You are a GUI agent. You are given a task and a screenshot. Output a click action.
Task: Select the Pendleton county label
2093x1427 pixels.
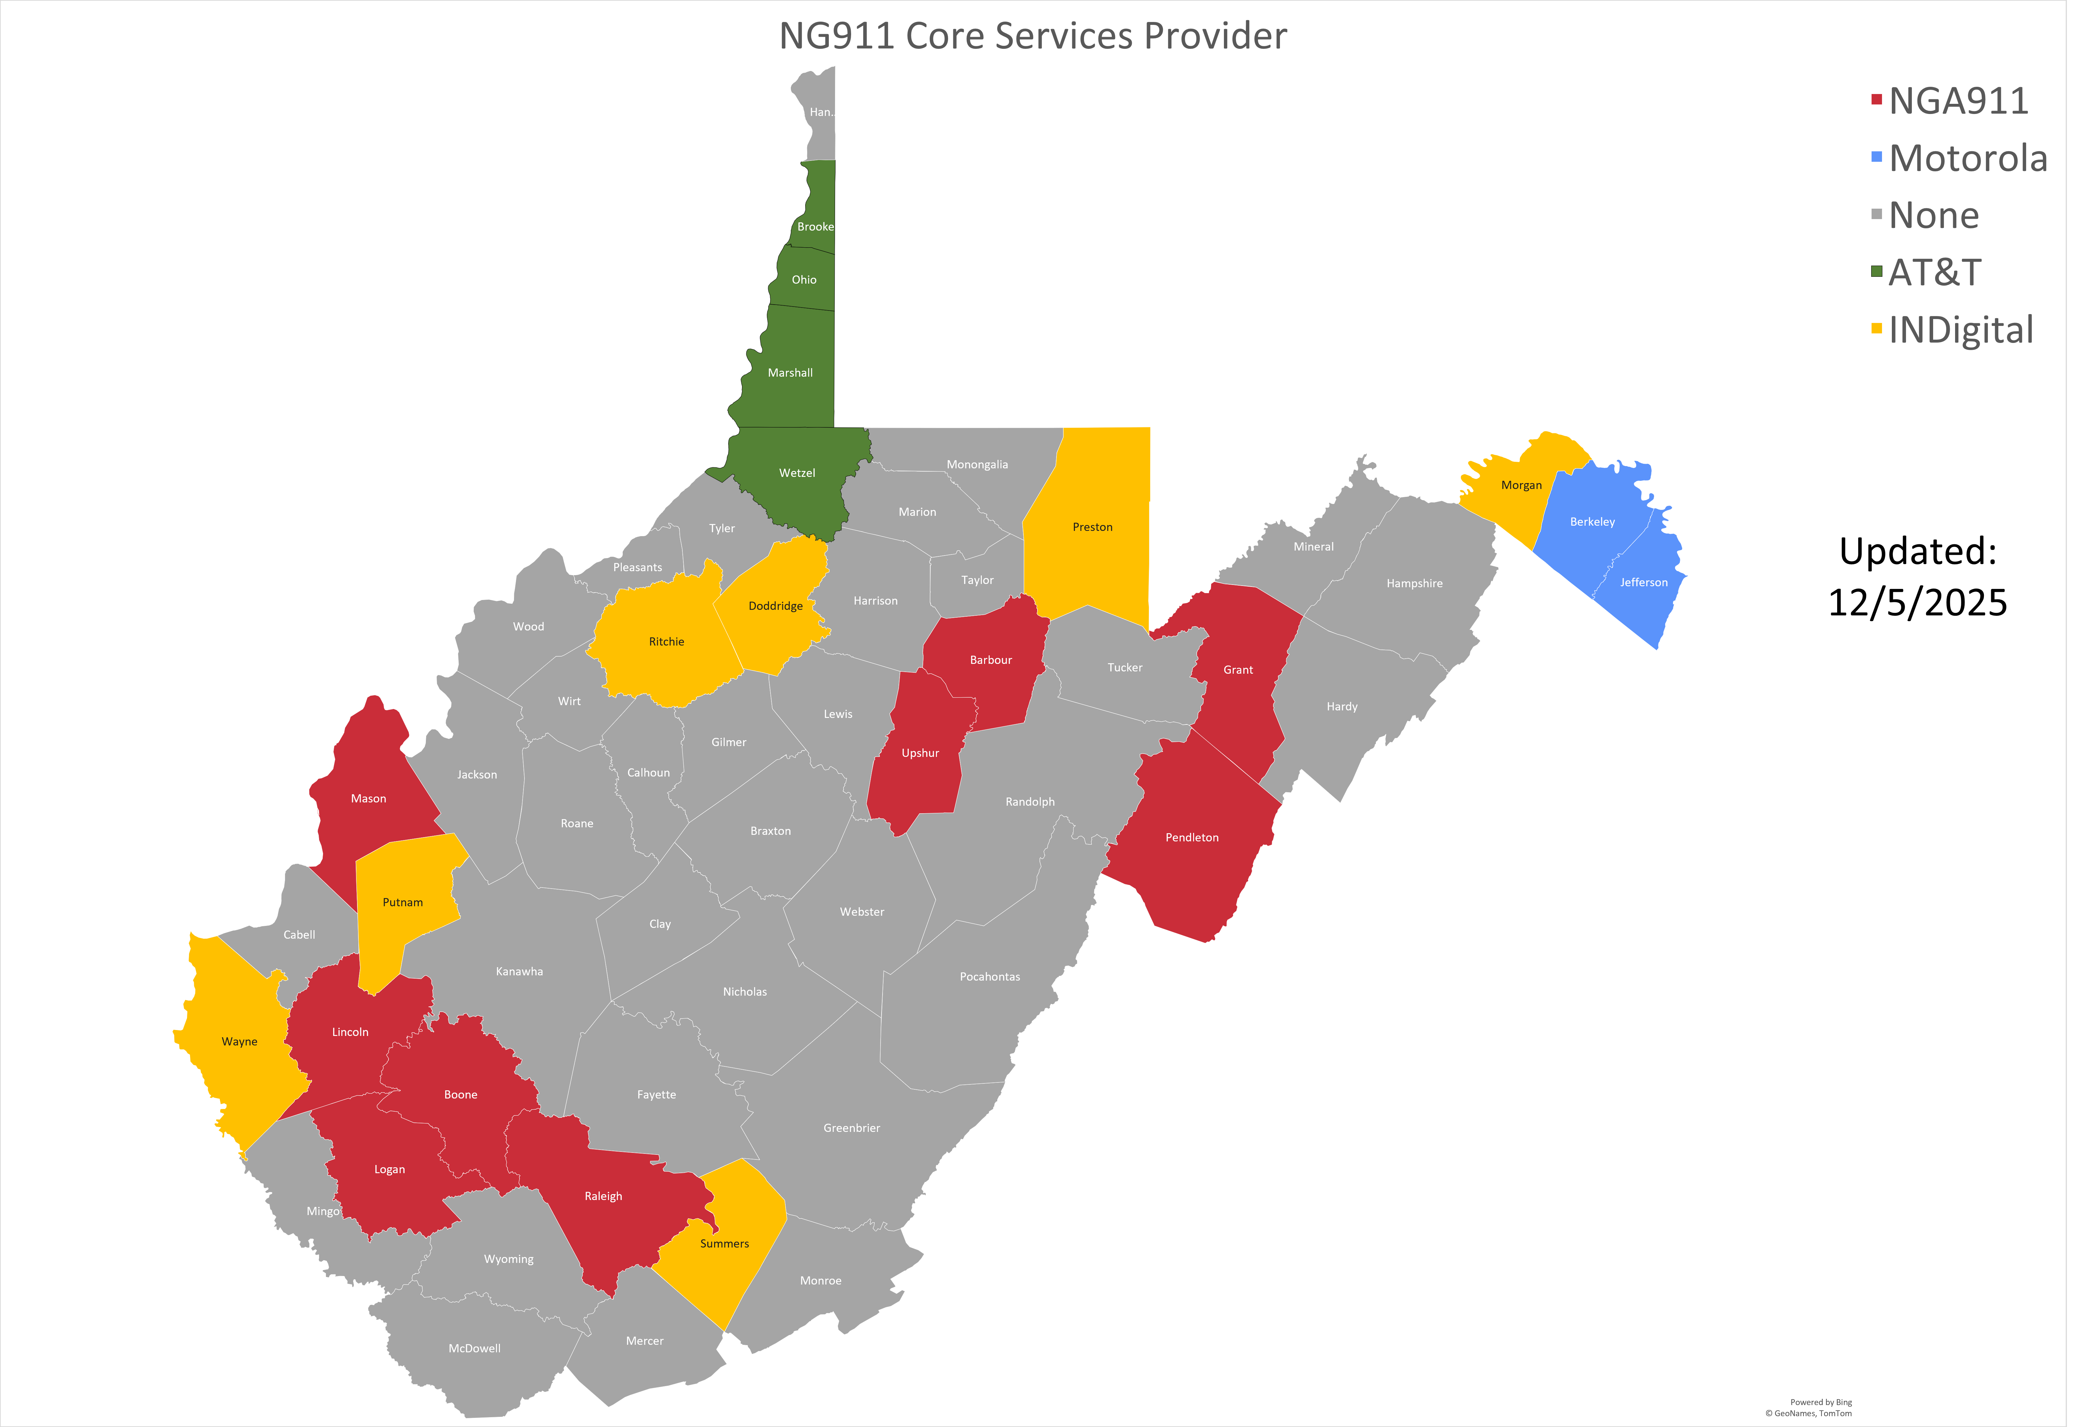coord(1191,837)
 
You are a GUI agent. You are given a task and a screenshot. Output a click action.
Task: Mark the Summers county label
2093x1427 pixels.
coord(724,1243)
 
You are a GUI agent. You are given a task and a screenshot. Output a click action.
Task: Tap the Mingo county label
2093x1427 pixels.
coord(322,1211)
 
